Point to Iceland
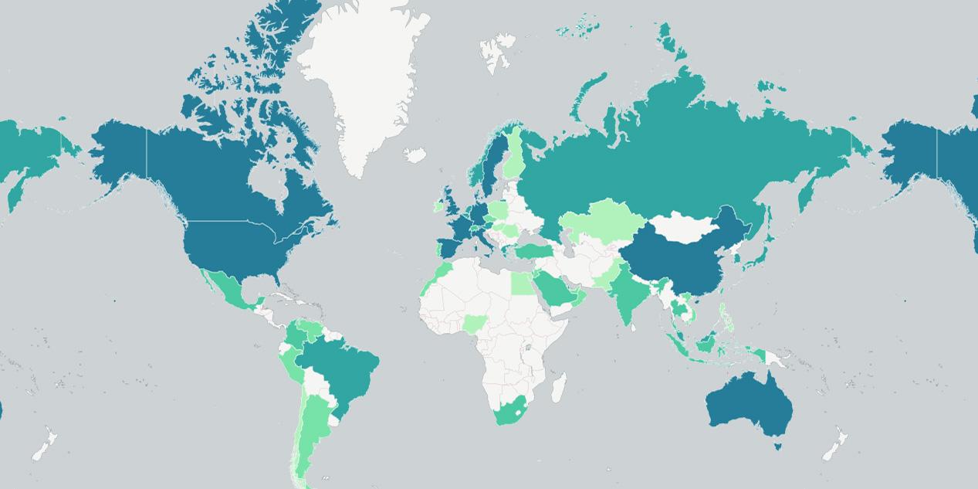coord(415,155)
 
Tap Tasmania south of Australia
coord(778,444)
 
